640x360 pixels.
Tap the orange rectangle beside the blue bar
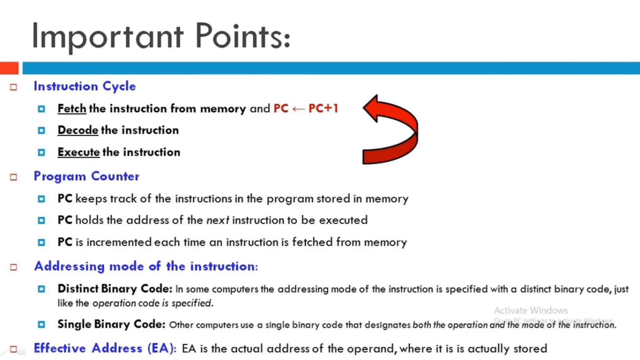pyautogui.click(x=9, y=68)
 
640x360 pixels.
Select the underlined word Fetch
pyautogui.click(x=72, y=108)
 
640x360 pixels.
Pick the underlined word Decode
pyautogui.click(x=78, y=130)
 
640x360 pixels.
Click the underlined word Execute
pyautogui.click(x=78, y=152)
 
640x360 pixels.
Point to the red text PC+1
pyautogui.click(x=323, y=108)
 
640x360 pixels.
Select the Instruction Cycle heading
pyautogui.click(x=85, y=86)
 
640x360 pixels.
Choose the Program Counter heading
pyautogui.click(x=86, y=176)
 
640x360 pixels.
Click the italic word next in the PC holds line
pyautogui.click(x=218, y=220)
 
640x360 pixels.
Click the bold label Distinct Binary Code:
pyautogui.click(x=115, y=288)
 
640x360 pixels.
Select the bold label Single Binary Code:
pyautogui.click(x=111, y=324)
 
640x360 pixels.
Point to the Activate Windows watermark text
pyautogui.click(x=531, y=310)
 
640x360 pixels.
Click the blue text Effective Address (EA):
pyautogui.click(x=105, y=348)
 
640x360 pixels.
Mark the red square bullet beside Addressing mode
pyautogui.click(x=13, y=267)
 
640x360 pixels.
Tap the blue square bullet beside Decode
pyautogui.click(x=41, y=130)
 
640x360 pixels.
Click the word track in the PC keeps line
pyautogui.click(x=123, y=199)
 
